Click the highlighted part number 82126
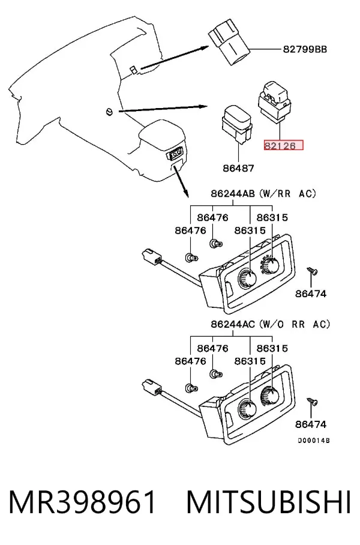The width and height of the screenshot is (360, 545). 283,145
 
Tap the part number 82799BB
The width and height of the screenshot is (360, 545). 305,49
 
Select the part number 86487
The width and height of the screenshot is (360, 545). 238,168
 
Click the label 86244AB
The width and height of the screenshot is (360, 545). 233,193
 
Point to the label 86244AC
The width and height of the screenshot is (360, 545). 233,324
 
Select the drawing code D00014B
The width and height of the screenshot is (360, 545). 314,441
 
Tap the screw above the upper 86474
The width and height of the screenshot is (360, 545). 312,271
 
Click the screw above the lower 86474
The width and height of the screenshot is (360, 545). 312,402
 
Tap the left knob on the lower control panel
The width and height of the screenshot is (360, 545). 247,409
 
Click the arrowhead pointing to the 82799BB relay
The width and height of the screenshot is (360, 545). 205,48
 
